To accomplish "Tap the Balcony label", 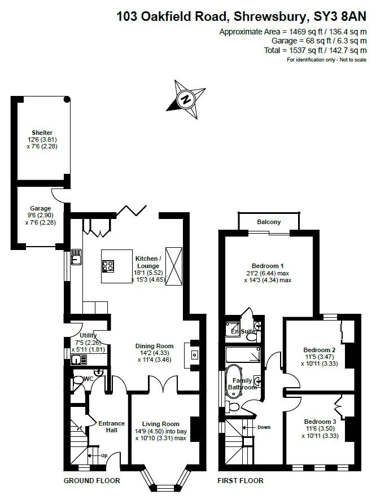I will click(269, 222).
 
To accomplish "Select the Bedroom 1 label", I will click(268, 266).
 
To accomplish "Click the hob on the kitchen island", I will click(109, 266).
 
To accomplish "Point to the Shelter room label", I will click(42, 133).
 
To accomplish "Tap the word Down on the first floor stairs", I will click(264, 427).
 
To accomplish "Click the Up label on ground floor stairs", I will click(103, 455).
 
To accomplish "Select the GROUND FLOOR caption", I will click(91, 481).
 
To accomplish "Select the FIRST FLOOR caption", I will click(241, 481).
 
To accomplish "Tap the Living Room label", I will click(160, 424).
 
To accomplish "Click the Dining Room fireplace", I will click(194, 355).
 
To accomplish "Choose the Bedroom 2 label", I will click(320, 350).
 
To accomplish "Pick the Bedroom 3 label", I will click(320, 422).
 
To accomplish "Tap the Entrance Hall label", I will click(107, 426).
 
